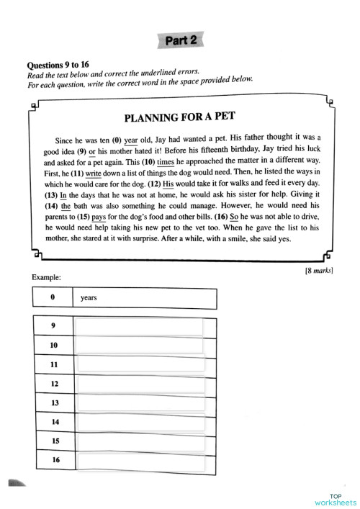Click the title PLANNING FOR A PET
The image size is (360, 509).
point(180,117)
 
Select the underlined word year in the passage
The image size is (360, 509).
point(131,140)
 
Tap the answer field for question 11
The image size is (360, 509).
point(139,365)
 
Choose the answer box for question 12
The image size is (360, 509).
point(139,384)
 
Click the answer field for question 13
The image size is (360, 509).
point(139,403)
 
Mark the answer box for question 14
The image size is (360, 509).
point(139,422)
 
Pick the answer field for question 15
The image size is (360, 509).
point(139,441)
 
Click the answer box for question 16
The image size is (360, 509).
point(139,459)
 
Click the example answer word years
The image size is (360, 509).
point(89,297)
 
